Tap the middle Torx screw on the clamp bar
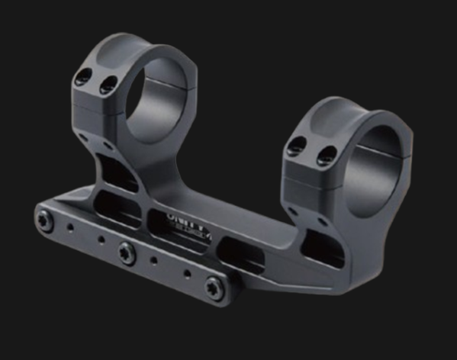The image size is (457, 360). (x=126, y=251)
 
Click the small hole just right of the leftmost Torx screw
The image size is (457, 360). (x=70, y=227)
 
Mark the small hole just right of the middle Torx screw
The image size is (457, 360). (x=153, y=261)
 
